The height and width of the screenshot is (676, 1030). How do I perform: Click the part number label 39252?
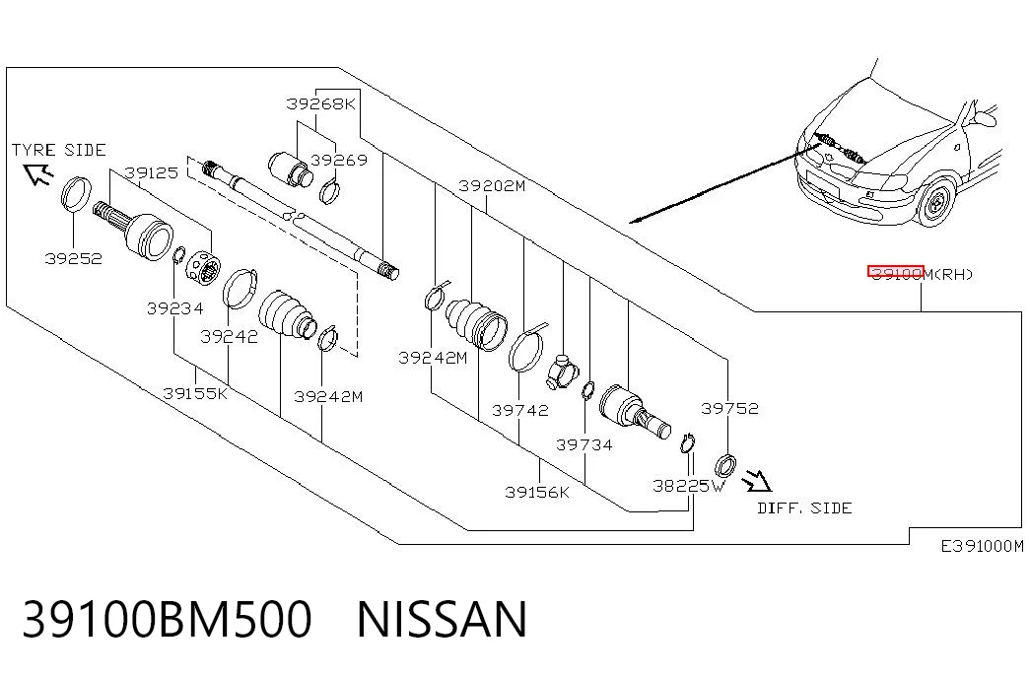(74, 258)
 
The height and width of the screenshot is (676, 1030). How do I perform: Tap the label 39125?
(151, 172)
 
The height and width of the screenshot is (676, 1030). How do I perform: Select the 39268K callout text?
(320, 103)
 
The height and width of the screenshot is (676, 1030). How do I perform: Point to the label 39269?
(339, 160)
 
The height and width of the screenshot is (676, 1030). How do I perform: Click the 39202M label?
(492, 186)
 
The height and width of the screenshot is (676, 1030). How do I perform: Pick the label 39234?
(175, 308)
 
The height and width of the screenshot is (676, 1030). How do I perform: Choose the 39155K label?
(196, 393)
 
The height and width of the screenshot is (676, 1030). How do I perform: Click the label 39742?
(520, 410)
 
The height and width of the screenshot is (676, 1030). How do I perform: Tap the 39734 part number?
(584, 444)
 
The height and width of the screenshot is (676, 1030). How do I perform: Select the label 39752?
(729, 408)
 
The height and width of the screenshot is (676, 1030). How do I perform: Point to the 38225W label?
(689, 486)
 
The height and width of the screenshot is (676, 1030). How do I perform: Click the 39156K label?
(537, 492)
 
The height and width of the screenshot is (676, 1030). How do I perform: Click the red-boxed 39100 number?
(896, 272)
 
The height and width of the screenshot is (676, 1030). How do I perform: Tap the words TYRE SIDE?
(58, 151)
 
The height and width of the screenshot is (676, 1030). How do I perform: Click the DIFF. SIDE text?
(804, 507)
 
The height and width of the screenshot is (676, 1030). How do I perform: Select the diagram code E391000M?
(982, 546)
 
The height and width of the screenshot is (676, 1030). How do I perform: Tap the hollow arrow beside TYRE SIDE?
(38, 173)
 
